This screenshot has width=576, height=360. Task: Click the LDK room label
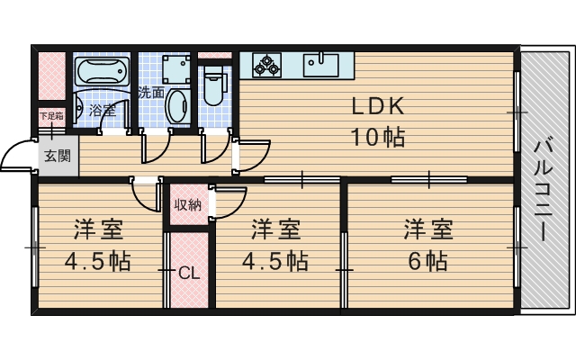point(377,106)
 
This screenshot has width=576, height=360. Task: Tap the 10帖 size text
point(377,138)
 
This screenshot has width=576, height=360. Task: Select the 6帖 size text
point(427,262)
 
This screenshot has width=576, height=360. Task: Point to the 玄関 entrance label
point(57,155)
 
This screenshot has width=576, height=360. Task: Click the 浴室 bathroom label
point(102,111)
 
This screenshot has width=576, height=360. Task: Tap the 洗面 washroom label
point(151,92)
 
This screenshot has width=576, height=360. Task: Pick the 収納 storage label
point(187,204)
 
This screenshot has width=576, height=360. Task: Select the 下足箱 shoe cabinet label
point(49,115)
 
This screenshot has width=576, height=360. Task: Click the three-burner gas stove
point(267,64)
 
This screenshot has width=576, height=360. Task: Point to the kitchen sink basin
point(320,64)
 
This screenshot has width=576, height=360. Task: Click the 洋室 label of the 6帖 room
point(427,229)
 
